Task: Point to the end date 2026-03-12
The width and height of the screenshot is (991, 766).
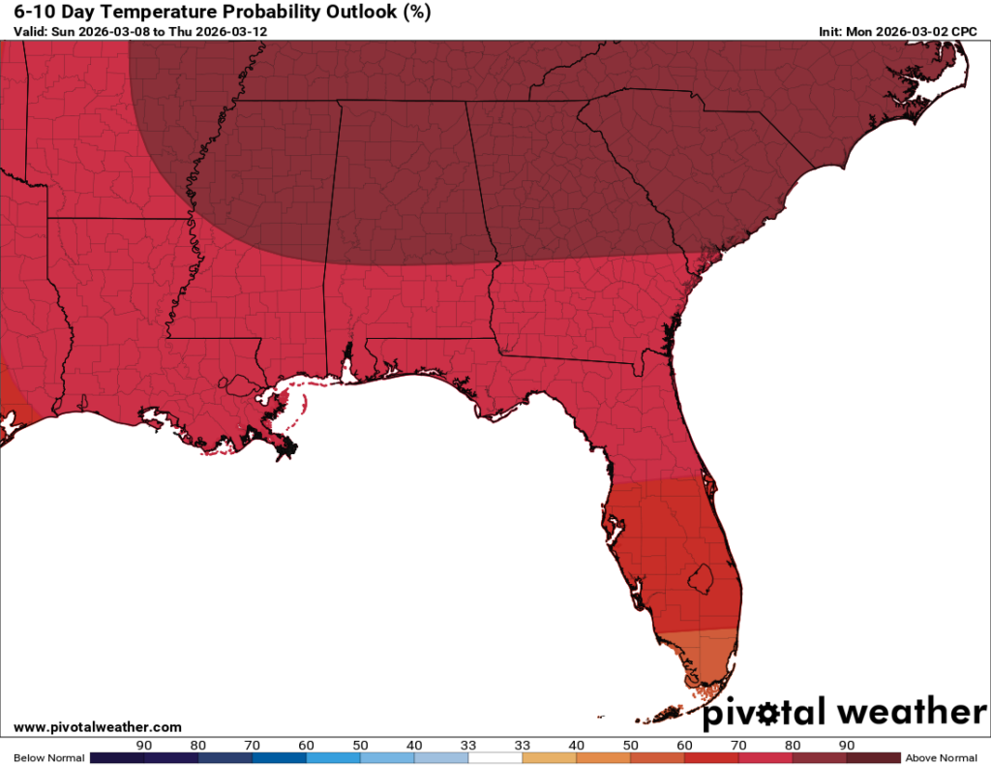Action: [x=236, y=31]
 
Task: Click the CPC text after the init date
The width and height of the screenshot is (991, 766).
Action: [x=963, y=31]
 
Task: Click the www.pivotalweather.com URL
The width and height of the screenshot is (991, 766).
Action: [x=98, y=727]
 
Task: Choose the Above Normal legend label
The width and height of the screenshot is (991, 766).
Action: [x=939, y=757]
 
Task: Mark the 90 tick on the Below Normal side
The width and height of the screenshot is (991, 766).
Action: [x=144, y=745]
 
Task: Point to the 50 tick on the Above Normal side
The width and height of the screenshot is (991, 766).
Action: [x=630, y=745]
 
